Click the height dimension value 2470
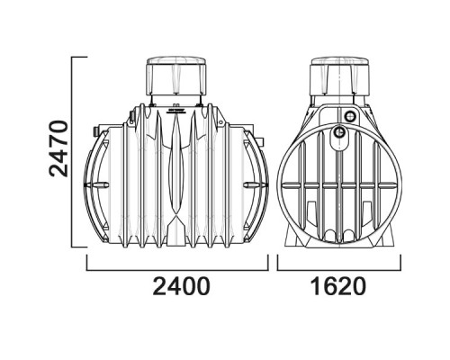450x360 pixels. (x=58, y=148)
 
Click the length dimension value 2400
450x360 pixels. (x=181, y=286)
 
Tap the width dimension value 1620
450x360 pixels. (x=338, y=286)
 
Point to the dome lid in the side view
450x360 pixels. (x=176, y=76)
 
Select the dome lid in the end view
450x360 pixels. (x=340, y=76)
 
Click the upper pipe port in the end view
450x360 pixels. (x=349, y=115)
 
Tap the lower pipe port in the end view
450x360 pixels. (x=339, y=131)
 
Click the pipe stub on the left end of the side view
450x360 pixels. (x=96, y=130)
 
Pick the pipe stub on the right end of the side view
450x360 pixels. (x=261, y=140)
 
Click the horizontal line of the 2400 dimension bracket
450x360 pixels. (x=177, y=270)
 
